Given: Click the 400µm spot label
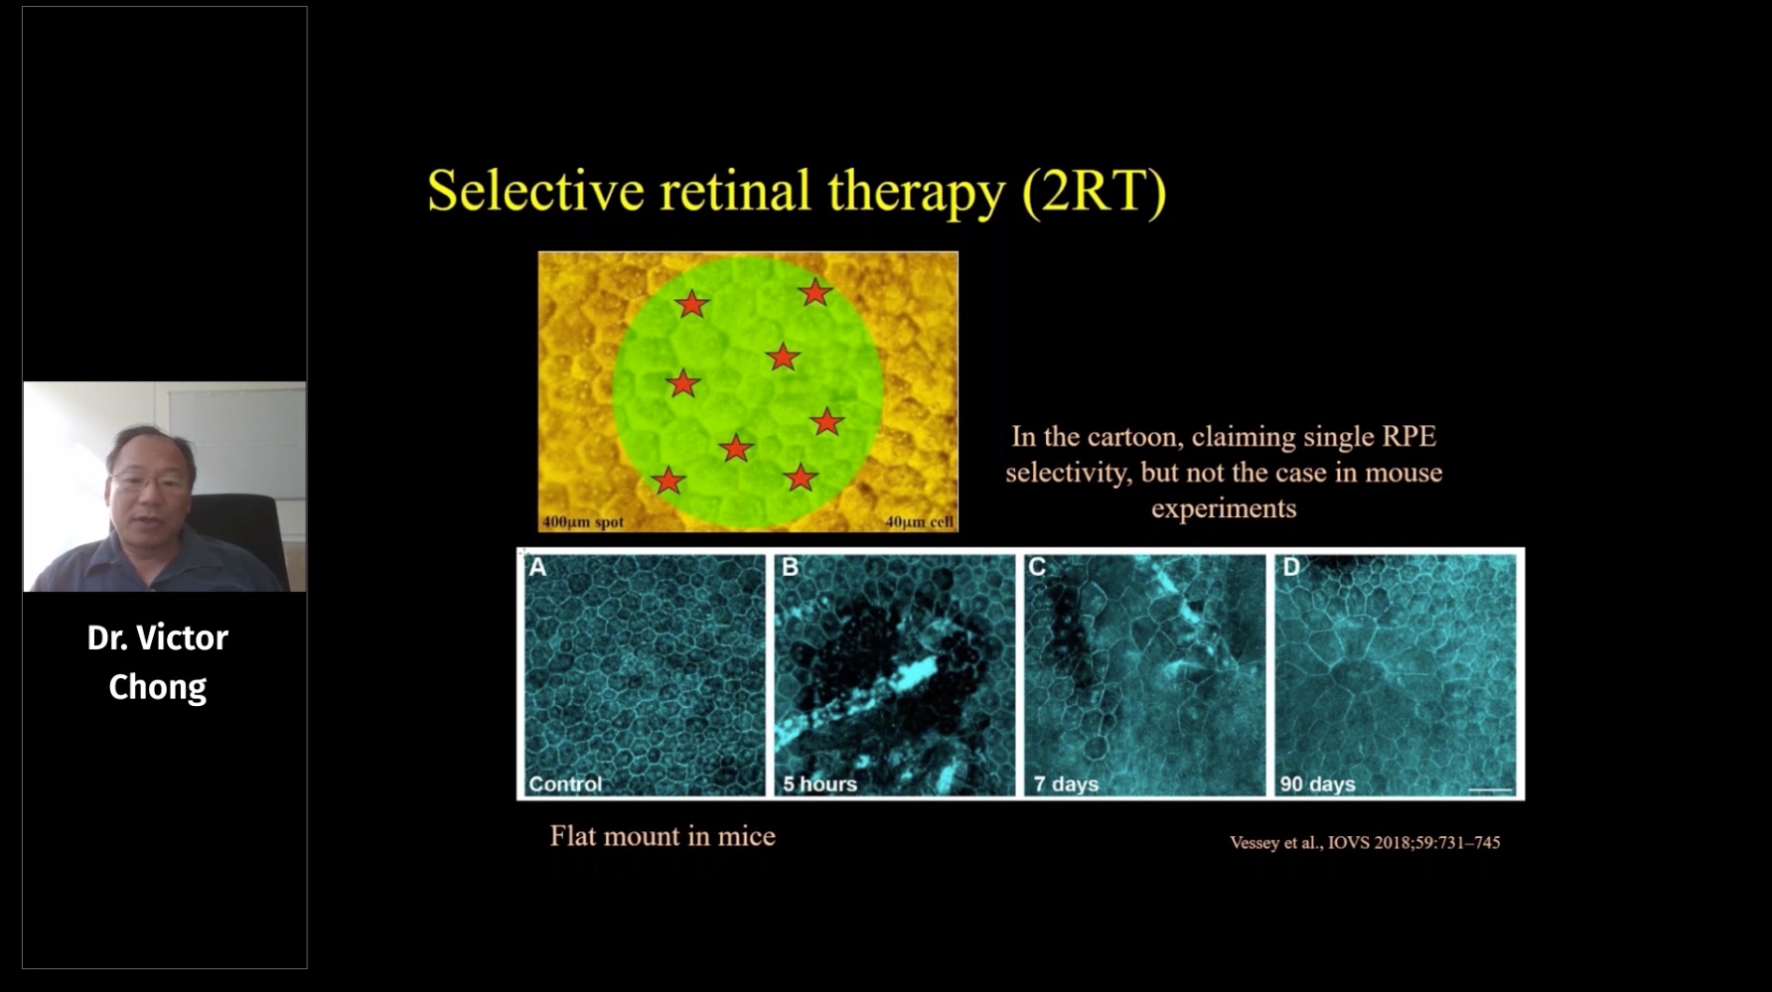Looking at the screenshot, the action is [583, 521].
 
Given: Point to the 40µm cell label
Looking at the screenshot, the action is [919, 521].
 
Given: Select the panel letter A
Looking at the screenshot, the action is [537, 567].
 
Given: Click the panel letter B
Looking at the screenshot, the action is [791, 567].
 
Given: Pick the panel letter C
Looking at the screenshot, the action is [1037, 567].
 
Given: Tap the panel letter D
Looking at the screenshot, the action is [1291, 567].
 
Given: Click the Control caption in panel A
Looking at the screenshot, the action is [565, 783].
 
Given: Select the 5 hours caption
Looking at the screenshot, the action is [819, 783].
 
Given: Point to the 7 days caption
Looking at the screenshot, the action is [1066, 783].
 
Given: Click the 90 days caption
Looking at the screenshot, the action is [1317, 783].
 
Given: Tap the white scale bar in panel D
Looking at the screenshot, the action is [1490, 790].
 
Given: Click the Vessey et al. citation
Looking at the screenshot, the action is [1365, 842].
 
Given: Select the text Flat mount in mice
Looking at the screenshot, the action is [663, 836].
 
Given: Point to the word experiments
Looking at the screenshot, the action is [1224, 508].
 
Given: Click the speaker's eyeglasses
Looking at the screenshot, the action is [151, 482].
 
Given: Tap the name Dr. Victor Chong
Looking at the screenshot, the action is [158, 661].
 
